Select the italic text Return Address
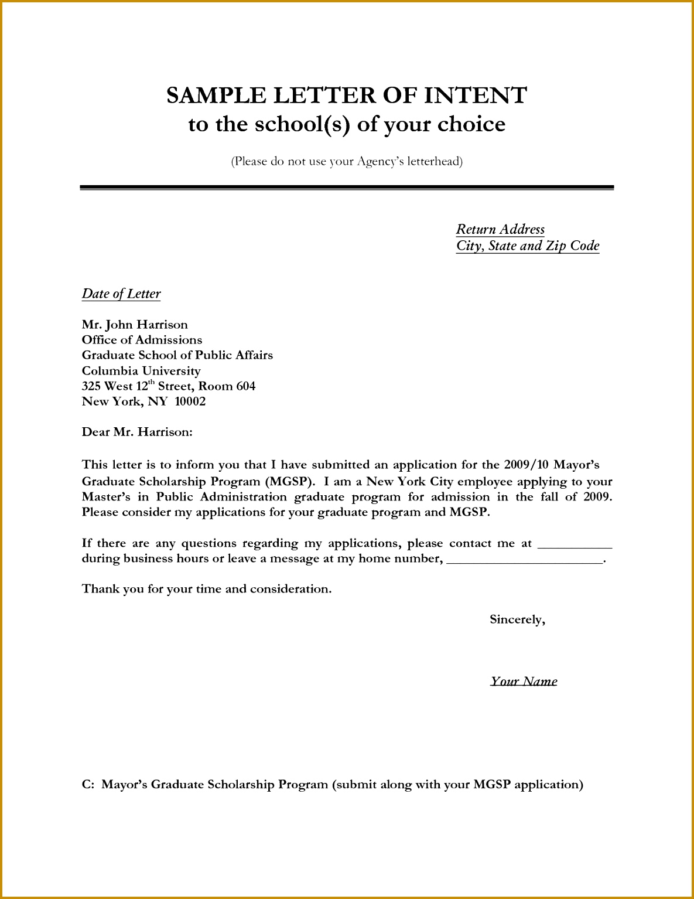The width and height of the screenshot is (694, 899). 500,229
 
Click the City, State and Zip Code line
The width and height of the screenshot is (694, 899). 528,246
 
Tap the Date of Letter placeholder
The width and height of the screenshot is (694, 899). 121,294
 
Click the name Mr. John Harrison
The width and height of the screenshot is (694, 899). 135,325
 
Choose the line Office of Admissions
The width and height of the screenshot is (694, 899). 142,340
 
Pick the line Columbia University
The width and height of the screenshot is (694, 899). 141,371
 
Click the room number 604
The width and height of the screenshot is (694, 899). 246,386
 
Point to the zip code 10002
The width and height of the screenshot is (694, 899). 190,401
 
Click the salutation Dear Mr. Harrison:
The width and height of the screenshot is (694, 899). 137,433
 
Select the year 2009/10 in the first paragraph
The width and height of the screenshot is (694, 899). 526,465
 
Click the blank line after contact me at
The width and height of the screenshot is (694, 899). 575,544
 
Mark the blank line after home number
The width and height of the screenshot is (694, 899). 524,560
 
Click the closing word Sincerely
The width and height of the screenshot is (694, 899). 517,619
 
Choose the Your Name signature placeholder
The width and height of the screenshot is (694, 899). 524,681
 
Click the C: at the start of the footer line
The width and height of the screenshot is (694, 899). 88,785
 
